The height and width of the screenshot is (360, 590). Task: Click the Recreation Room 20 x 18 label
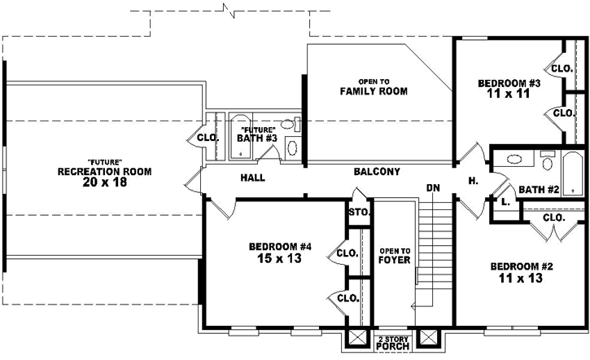click(103, 177)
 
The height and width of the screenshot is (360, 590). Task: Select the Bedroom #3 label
click(509, 89)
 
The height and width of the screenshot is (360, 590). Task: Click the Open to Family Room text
click(374, 86)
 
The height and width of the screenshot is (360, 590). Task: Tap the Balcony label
click(377, 172)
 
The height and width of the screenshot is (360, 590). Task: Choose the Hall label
click(252, 178)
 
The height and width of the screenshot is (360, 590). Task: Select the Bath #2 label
click(538, 190)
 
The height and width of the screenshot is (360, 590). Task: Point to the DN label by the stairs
click(433, 188)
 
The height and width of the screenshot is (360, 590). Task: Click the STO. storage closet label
click(359, 213)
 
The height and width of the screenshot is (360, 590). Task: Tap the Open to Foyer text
click(394, 255)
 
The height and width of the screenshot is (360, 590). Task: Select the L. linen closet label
click(505, 201)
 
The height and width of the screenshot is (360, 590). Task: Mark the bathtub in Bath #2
click(573, 173)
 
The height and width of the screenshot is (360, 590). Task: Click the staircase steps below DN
click(434, 244)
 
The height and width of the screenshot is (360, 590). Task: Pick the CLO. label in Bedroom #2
click(553, 218)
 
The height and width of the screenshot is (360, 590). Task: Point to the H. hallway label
click(473, 181)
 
